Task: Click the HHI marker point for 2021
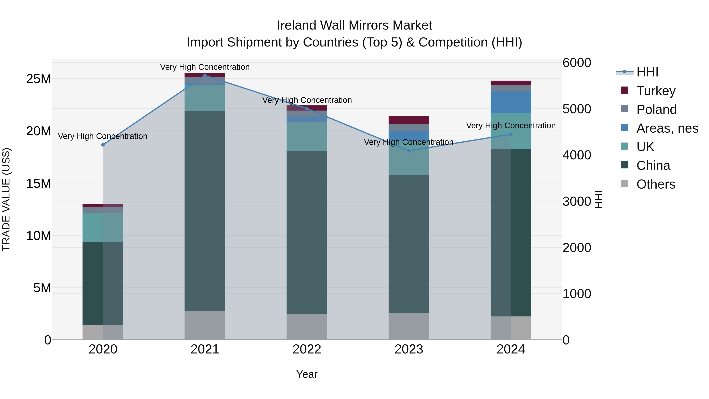click(205, 75)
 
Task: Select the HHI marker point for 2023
click(409, 151)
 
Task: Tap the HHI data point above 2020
click(103, 145)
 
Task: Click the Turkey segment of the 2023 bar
click(409, 120)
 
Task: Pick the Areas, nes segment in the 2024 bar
click(511, 102)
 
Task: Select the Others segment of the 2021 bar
click(205, 325)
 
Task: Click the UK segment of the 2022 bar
click(307, 137)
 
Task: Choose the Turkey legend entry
click(656, 91)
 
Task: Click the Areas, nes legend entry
click(667, 128)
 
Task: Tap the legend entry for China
click(653, 166)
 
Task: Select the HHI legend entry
click(647, 72)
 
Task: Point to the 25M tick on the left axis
click(39, 79)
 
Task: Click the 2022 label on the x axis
click(307, 349)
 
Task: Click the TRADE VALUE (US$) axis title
click(6, 199)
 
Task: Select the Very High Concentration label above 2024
click(511, 126)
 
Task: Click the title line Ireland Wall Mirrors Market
click(354, 25)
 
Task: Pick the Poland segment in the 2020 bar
click(103, 210)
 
